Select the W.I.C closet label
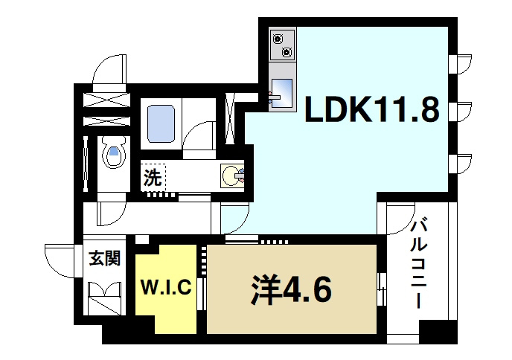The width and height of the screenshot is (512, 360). (x=168, y=286)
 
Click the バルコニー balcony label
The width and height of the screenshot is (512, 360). (x=418, y=263)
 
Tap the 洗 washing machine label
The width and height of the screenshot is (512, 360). (x=153, y=179)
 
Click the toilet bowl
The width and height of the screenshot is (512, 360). (x=113, y=155)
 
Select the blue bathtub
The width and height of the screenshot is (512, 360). (x=161, y=123)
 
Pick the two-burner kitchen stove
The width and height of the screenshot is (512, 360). (x=283, y=45)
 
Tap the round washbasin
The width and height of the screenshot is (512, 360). (x=232, y=177)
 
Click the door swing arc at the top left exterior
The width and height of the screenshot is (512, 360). (x=109, y=71)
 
